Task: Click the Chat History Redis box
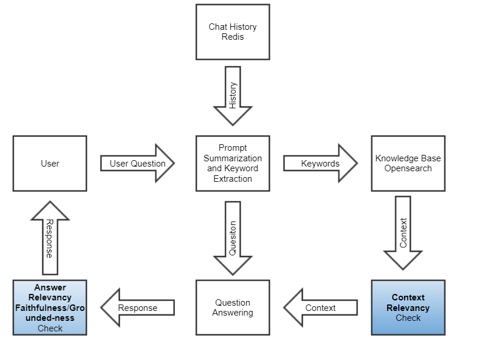pyautogui.click(x=233, y=32)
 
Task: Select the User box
pyautogui.click(x=50, y=164)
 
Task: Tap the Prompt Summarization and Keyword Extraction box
pyautogui.click(x=233, y=164)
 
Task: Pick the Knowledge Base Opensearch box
pyautogui.click(x=408, y=164)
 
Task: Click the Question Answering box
pyautogui.click(x=233, y=307)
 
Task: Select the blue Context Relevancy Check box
pyautogui.click(x=408, y=307)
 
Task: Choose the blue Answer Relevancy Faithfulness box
pyautogui.click(x=50, y=307)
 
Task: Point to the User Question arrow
pyautogui.click(x=138, y=164)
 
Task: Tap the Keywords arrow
pyautogui.click(x=320, y=164)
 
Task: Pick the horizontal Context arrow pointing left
pyautogui.click(x=320, y=307)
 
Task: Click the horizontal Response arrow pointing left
pyautogui.click(x=137, y=307)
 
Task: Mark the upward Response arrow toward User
pyautogui.click(x=50, y=238)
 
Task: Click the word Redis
pyautogui.click(x=233, y=37)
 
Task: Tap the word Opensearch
pyautogui.click(x=408, y=168)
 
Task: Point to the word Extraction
pyautogui.click(x=233, y=179)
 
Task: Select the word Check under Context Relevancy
pyautogui.click(x=408, y=318)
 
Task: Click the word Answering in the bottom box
pyautogui.click(x=233, y=313)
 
